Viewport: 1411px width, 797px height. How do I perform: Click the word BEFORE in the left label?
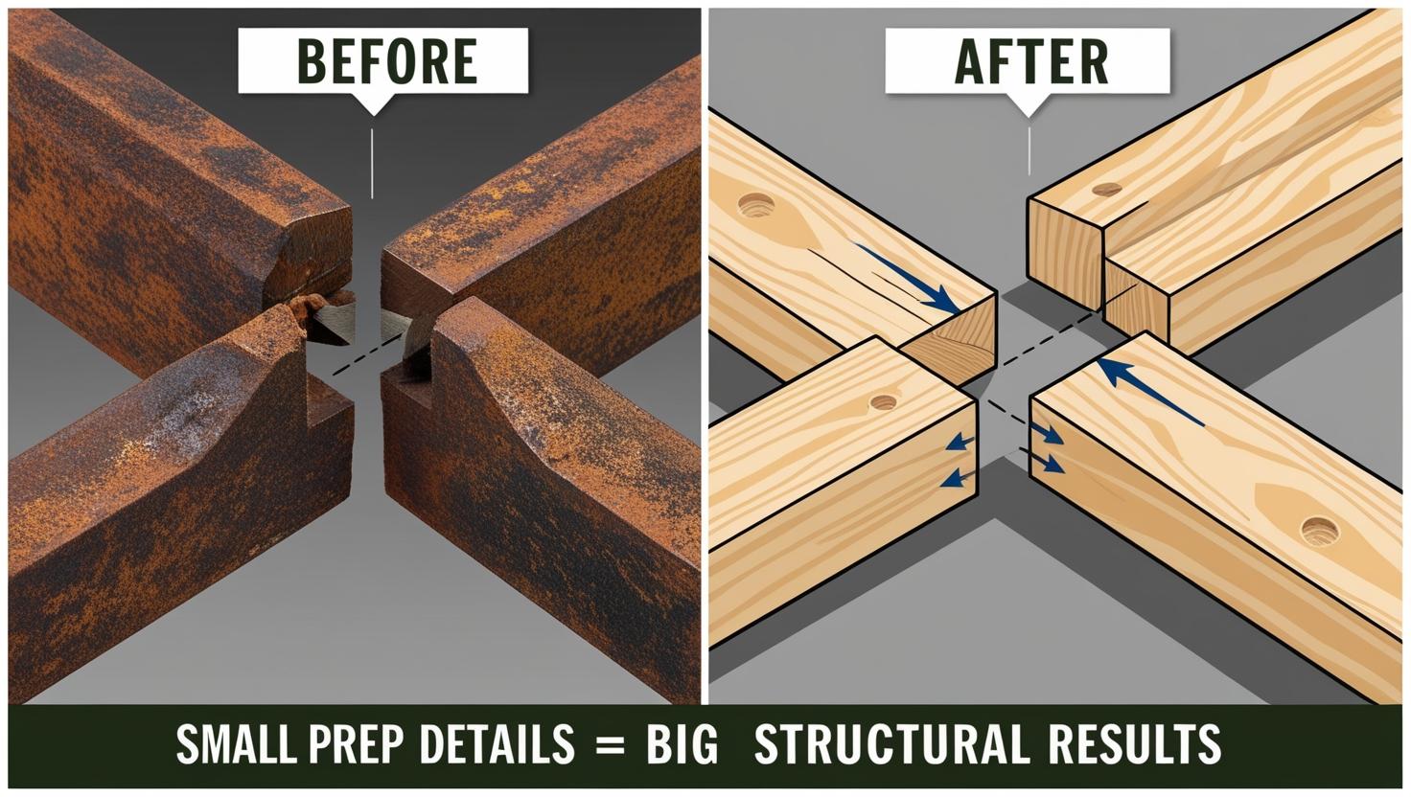[x=386, y=61]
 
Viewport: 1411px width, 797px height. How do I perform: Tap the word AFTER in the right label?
[x=1031, y=61]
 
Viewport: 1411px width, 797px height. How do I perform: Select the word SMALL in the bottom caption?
[x=234, y=744]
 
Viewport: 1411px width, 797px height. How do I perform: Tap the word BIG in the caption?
[x=682, y=744]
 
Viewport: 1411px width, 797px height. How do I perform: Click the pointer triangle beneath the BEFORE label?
[x=374, y=103]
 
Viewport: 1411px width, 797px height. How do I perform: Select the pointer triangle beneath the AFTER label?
[x=1029, y=105]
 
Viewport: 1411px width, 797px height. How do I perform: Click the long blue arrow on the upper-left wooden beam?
[x=905, y=277]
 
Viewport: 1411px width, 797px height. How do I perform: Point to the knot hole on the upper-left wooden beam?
[x=756, y=205]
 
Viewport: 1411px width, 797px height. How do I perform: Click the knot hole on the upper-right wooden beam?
[x=1107, y=189]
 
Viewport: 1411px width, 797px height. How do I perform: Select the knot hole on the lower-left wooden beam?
[x=883, y=402]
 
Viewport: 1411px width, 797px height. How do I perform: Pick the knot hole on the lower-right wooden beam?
[x=1320, y=532]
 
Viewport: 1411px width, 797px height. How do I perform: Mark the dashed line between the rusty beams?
[x=367, y=355]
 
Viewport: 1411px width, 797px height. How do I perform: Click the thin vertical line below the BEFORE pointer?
[x=372, y=164]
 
